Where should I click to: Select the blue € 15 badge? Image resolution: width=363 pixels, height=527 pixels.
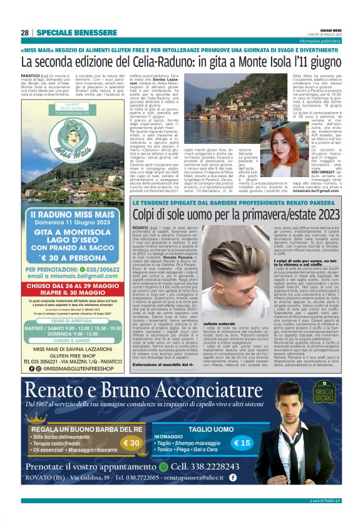242,443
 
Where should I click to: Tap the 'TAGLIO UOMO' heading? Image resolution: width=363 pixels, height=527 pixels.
206,429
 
